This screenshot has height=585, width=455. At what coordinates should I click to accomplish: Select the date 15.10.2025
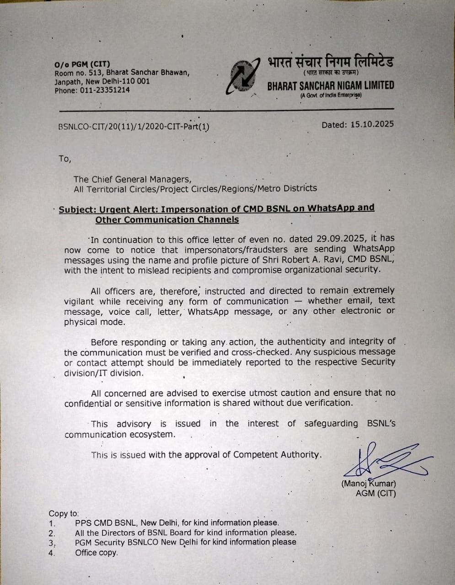coord(372,124)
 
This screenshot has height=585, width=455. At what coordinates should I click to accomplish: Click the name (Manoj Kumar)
coord(369,484)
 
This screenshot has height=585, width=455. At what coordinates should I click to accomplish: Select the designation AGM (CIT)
coord(375,494)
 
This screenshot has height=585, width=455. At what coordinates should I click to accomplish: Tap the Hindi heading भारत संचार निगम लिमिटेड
coord(330,62)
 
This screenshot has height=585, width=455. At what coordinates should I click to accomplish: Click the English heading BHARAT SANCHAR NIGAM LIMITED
coord(330,85)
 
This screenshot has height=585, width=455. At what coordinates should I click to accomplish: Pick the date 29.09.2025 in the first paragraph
coord(341,239)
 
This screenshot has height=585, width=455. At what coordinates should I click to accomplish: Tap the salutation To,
coord(65,159)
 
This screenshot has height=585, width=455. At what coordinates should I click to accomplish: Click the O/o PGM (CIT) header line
coord(82,64)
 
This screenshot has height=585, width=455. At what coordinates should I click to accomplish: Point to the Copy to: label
coord(64,513)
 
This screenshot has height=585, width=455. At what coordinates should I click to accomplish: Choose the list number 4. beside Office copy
coord(52,553)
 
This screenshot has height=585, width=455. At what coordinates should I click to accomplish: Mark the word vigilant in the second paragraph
coord(79,301)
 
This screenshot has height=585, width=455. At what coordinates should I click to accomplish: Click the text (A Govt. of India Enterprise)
coord(331,95)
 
